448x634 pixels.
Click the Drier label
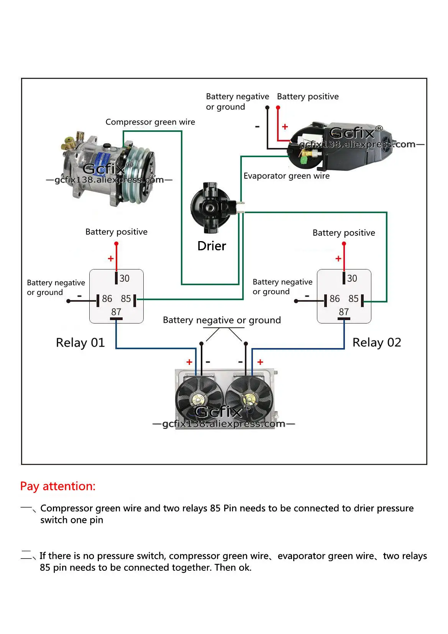pyautogui.click(x=212, y=246)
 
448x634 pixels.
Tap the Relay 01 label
pyautogui.click(x=80, y=342)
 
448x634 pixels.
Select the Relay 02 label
pyautogui.click(x=376, y=342)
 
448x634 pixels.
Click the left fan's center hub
pyautogui.click(x=198, y=400)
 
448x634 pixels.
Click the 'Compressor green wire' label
pyautogui.click(x=150, y=122)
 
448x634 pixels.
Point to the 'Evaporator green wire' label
pyautogui.click(x=286, y=176)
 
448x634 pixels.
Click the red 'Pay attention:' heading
pyautogui.click(x=58, y=486)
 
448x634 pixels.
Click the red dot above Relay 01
pyautogui.click(x=117, y=244)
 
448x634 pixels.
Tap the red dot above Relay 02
pyautogui.click(x=344, y=244)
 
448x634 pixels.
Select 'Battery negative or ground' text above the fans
pyautogui.click(x=222, y=320)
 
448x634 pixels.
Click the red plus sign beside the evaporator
pyautogui.click(x=285, y=127)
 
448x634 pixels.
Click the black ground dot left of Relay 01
pyautogui.click(x=69, y=301)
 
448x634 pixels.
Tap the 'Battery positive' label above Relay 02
pyautogui.click(x=344, y=233)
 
